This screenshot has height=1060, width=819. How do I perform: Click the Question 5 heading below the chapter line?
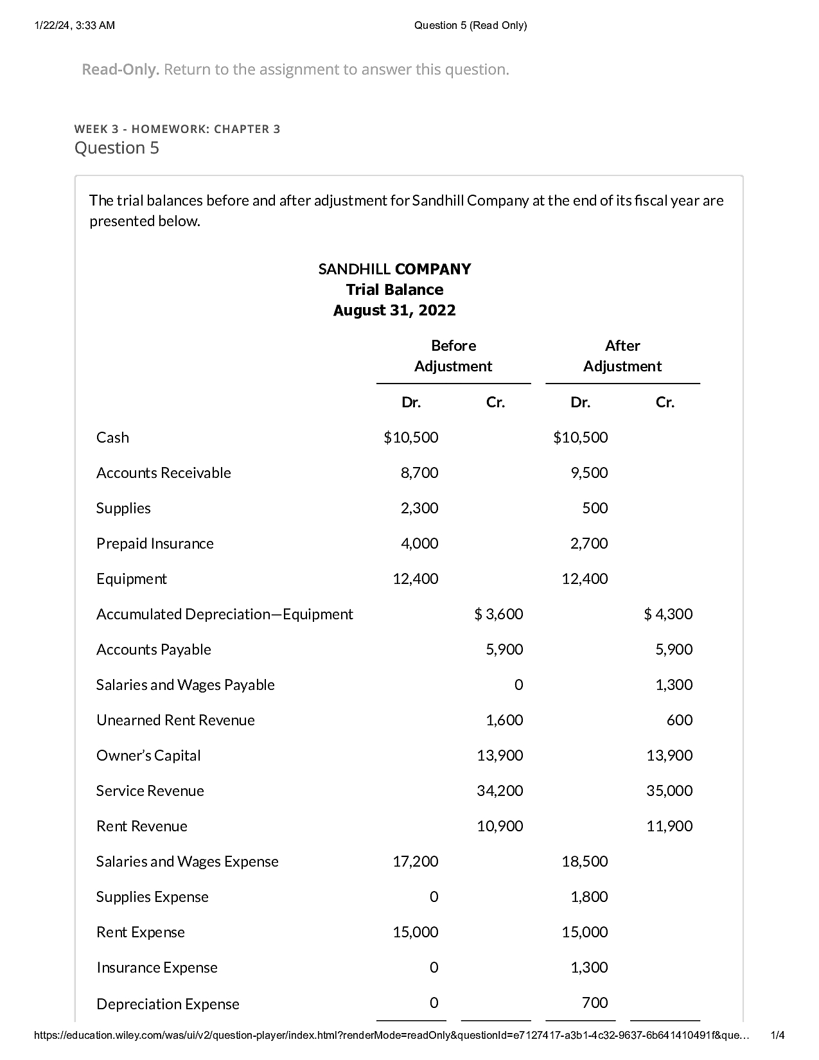point(117,148)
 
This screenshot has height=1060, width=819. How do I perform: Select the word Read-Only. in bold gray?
point(120,69)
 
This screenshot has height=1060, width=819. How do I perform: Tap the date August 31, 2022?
point(394,311)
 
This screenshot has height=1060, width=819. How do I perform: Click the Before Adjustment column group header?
point(453,356)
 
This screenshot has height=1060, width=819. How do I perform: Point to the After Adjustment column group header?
point(622,356)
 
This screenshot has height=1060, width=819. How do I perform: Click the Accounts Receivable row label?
point(164,473)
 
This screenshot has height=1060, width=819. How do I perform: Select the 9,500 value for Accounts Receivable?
point(589,473)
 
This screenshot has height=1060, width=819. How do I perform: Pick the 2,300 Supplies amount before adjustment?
point(419,508)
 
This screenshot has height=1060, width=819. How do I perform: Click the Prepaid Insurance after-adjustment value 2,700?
point(589,543)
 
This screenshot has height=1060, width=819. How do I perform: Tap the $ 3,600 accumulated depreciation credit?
point(498,614)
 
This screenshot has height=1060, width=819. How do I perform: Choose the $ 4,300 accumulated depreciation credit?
point(668,614)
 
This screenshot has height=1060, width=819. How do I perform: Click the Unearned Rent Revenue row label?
point(175,720)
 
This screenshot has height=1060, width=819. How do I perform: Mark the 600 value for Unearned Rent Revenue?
point(680,720)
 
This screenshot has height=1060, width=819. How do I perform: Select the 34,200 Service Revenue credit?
point(500,791)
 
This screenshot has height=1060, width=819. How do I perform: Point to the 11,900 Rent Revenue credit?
point(669,826)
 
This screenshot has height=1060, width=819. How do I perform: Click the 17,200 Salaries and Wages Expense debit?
point(416,861)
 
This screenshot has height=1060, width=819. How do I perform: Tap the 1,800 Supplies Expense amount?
point(589,897)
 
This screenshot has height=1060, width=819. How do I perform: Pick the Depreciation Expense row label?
point(168,1004)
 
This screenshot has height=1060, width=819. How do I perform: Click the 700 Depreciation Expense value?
point(595,1003)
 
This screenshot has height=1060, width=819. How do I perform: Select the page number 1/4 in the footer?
point(777,1035)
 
